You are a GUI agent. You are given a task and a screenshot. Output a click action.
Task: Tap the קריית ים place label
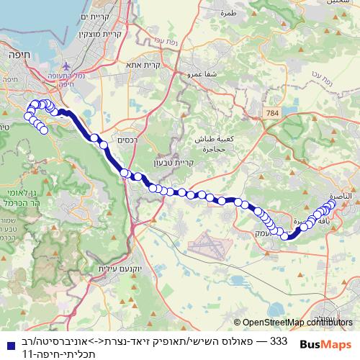coord(94,18)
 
